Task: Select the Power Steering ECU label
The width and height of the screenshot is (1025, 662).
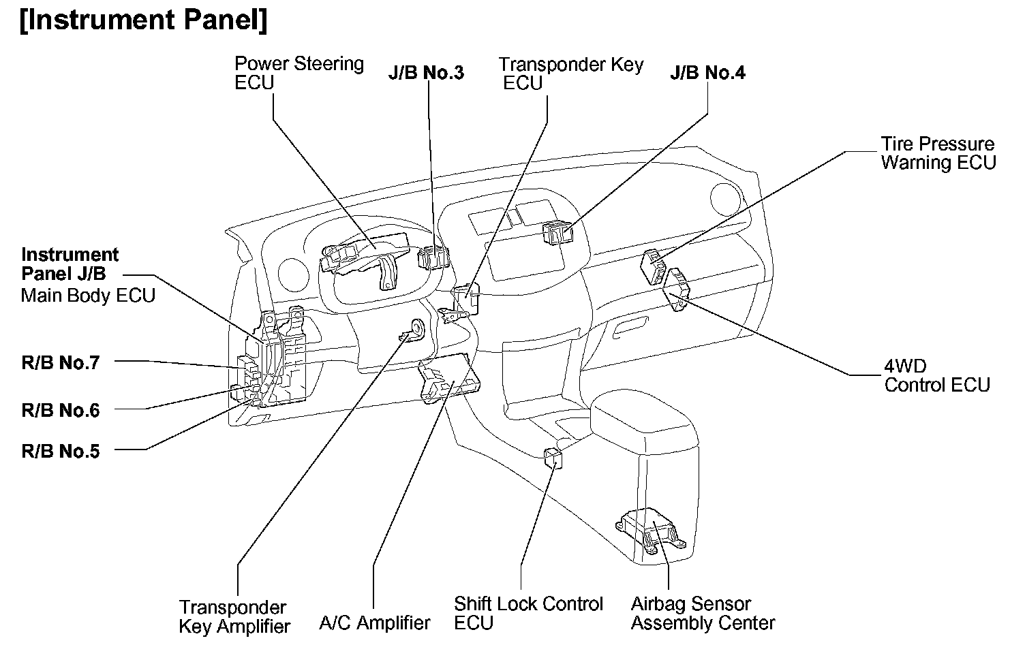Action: click(x=299, y=74)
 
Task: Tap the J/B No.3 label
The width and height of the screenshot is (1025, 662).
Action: click(x=426, y=73)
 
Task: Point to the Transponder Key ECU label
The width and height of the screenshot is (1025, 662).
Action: click(x=570, y=74)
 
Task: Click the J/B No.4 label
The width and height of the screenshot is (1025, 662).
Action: click(x=707, y=73)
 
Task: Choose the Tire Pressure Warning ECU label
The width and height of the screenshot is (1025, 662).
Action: click(x=938, y=153)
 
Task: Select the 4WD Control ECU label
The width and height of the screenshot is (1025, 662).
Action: click(x=936, y=375)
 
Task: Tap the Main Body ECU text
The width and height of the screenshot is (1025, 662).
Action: click(x=88, y=296)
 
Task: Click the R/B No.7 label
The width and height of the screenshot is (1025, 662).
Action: click(x=61, y=362)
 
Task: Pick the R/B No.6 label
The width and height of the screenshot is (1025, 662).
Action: click(x=61, y=410)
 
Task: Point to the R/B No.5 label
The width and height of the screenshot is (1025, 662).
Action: click(x=61, y=451)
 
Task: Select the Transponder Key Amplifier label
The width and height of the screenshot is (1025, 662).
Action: click(x=234, y=616)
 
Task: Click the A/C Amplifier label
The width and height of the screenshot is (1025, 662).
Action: click(x=375, y=622)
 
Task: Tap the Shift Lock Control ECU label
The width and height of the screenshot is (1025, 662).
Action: click(x=528, y=613)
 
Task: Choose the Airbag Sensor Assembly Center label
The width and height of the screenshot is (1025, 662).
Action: click(x=703, y=613)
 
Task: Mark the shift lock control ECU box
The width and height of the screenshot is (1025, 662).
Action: click(x=553, y=459)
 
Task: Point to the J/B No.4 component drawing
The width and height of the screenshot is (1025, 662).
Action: click(x=557, y=233)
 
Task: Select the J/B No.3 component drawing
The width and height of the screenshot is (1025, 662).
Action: click(x=432, y=257)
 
